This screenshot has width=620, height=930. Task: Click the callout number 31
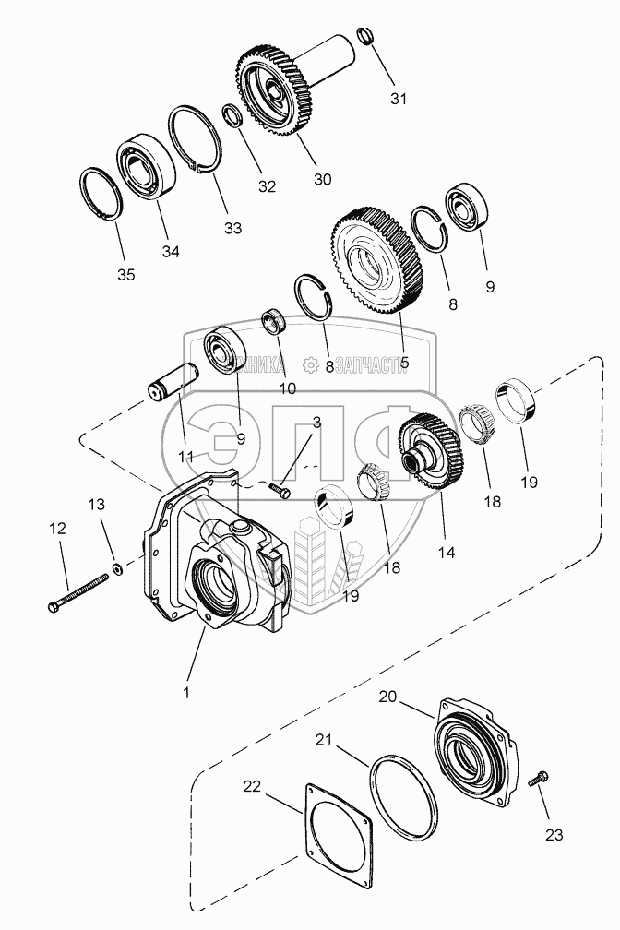click(397, 99)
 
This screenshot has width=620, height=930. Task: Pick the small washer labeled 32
click(232, 117)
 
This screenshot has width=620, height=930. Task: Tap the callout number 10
click(289, 388)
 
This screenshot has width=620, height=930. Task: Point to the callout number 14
click(447, 552)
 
